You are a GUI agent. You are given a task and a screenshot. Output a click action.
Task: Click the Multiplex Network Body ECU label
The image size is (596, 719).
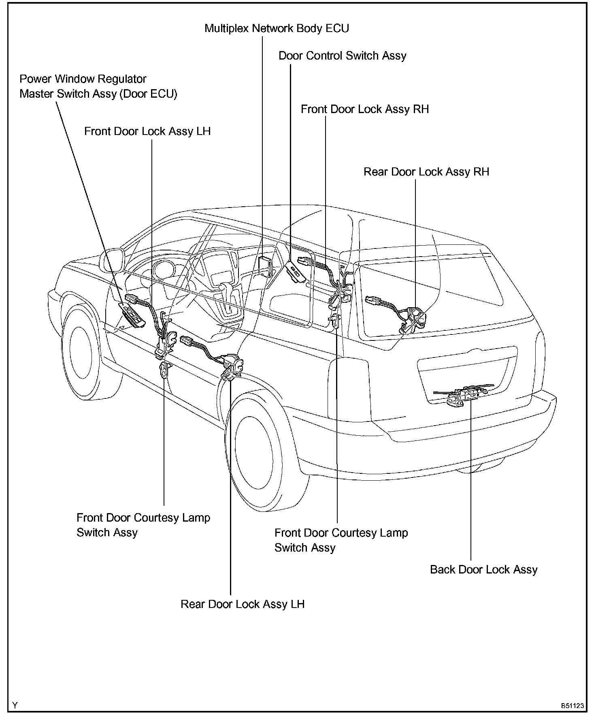pos(277,28)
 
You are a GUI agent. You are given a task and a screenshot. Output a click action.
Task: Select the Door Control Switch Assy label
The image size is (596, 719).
pos(342,56)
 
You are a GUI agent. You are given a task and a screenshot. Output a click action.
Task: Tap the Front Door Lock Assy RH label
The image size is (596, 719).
pos(364,109)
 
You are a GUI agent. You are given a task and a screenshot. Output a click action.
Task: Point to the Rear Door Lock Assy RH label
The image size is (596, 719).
pos(426,172)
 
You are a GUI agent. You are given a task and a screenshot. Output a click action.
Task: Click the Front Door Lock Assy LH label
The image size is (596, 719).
pos(147,132)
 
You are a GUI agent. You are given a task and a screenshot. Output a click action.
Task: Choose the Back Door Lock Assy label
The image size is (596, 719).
pos(483,569)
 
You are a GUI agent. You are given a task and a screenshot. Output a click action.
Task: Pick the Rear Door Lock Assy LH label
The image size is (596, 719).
pos(242,604)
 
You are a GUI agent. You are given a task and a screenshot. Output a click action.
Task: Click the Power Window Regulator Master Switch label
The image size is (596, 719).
pos(98,86)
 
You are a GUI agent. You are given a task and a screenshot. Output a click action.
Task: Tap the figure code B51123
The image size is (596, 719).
pos(572,706)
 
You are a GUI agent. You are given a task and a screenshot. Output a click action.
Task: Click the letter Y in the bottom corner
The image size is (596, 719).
pos(15,706)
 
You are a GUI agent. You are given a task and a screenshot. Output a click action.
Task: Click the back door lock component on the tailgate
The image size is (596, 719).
pos(466,395)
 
